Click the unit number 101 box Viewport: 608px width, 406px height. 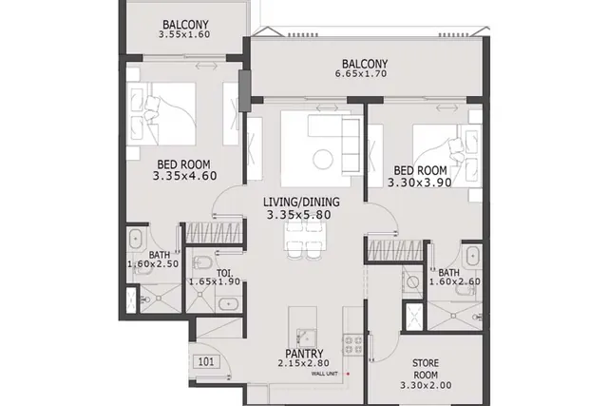(206, 362)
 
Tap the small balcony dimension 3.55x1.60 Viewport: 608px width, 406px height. (184, 34)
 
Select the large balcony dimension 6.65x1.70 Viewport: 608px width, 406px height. (361, 74)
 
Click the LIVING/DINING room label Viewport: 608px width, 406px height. (301, 202)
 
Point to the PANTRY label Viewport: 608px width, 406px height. (304, 354)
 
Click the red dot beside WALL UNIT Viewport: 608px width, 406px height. (349, 374)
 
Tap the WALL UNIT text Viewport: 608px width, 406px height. (325, 374)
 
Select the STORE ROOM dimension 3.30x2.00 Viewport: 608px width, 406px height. (426, 385)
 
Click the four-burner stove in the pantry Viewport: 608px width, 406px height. (352, 345)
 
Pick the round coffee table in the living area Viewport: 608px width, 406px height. (323, 159)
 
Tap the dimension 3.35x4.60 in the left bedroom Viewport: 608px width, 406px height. (184, 176)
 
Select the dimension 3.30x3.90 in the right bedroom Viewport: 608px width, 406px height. (420, 183)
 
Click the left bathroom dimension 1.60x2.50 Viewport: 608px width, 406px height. (153, 264)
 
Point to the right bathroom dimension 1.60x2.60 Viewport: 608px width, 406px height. (455, 281)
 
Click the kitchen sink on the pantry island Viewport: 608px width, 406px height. (306, 338)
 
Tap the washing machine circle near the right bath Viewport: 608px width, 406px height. (412, 282)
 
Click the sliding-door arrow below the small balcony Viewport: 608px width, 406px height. (206, 66)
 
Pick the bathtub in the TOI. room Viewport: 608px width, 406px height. (229, 303)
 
